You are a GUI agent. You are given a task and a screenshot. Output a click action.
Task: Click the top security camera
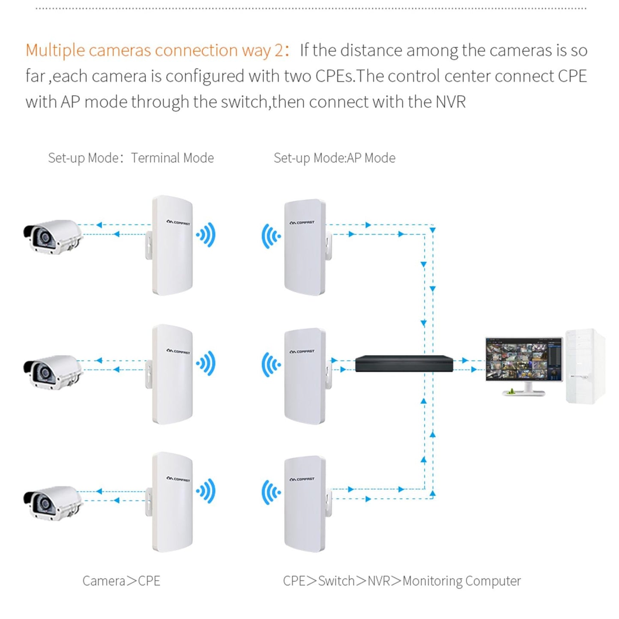click(52, 237)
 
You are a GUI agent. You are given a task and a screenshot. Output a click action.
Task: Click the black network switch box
click(404, 364)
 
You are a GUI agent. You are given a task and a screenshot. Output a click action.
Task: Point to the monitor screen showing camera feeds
click(524, 359)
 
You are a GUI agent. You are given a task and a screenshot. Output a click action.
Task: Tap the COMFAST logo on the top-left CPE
click(178, 222)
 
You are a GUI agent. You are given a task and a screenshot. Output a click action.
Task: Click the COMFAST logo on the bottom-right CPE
click(302, 479)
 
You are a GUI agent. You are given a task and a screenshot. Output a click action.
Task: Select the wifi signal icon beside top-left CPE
click(206, 235)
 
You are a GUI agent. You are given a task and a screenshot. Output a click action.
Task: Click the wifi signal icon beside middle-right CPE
click(271, 365)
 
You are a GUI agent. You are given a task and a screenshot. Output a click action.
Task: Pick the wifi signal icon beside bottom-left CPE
click(206, 491)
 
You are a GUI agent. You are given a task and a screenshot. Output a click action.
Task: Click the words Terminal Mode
click(172, 158)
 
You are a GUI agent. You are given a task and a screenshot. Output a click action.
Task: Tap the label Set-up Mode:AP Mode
click(334, 158)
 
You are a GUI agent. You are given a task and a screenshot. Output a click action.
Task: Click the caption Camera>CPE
click(121, 581)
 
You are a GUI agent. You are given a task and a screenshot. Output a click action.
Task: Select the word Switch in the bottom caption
click(336, 581)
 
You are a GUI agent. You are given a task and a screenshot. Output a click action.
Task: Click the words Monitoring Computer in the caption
click(461, 581)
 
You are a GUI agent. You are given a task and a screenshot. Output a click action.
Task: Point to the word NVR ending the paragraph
click(450, 102)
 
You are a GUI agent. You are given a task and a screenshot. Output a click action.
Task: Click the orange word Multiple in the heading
click(55, 51)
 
